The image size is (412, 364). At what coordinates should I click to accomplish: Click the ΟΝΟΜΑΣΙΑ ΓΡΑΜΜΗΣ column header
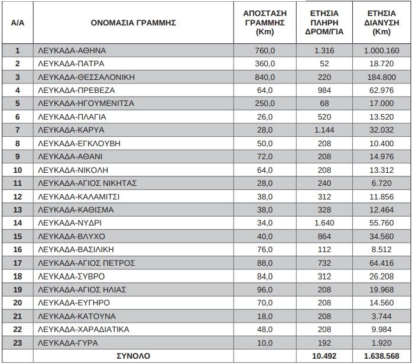(134, 23)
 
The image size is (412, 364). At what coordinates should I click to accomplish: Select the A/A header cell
(18, 23)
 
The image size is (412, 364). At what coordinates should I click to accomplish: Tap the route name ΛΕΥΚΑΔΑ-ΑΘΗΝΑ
(71, 50)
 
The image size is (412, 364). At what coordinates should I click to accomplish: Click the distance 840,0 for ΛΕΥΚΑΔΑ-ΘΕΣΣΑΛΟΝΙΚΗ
(264, 77)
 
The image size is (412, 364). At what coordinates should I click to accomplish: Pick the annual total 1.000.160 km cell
(382, 50)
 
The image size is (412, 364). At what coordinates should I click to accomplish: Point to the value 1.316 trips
(324, 50)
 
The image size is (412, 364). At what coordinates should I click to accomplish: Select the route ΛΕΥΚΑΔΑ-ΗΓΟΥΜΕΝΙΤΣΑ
(85, 104)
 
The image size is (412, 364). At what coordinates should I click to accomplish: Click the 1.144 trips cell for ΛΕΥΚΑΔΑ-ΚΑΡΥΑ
(324, 130)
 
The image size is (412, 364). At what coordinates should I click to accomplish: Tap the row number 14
(18, 223)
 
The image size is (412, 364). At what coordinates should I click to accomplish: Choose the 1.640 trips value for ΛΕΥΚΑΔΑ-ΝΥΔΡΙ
(324, 223)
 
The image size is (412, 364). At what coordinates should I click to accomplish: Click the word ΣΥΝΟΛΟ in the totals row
(133, 356)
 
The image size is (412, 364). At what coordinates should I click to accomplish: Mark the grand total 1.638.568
(382, 356)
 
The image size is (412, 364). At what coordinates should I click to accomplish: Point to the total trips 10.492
(324, 356)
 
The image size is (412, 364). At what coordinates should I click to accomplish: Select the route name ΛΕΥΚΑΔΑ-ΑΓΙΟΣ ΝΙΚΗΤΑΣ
(87, 183)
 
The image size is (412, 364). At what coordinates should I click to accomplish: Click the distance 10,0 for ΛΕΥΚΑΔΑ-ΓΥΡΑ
(264, 343)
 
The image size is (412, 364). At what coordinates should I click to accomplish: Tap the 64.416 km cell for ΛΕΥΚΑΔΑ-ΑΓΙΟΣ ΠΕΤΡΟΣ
(382, 263)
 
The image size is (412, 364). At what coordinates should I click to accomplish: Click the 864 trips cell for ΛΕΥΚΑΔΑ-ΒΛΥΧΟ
(324, 236)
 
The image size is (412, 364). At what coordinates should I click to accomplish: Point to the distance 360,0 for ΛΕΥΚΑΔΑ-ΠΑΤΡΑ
(264, 63)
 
